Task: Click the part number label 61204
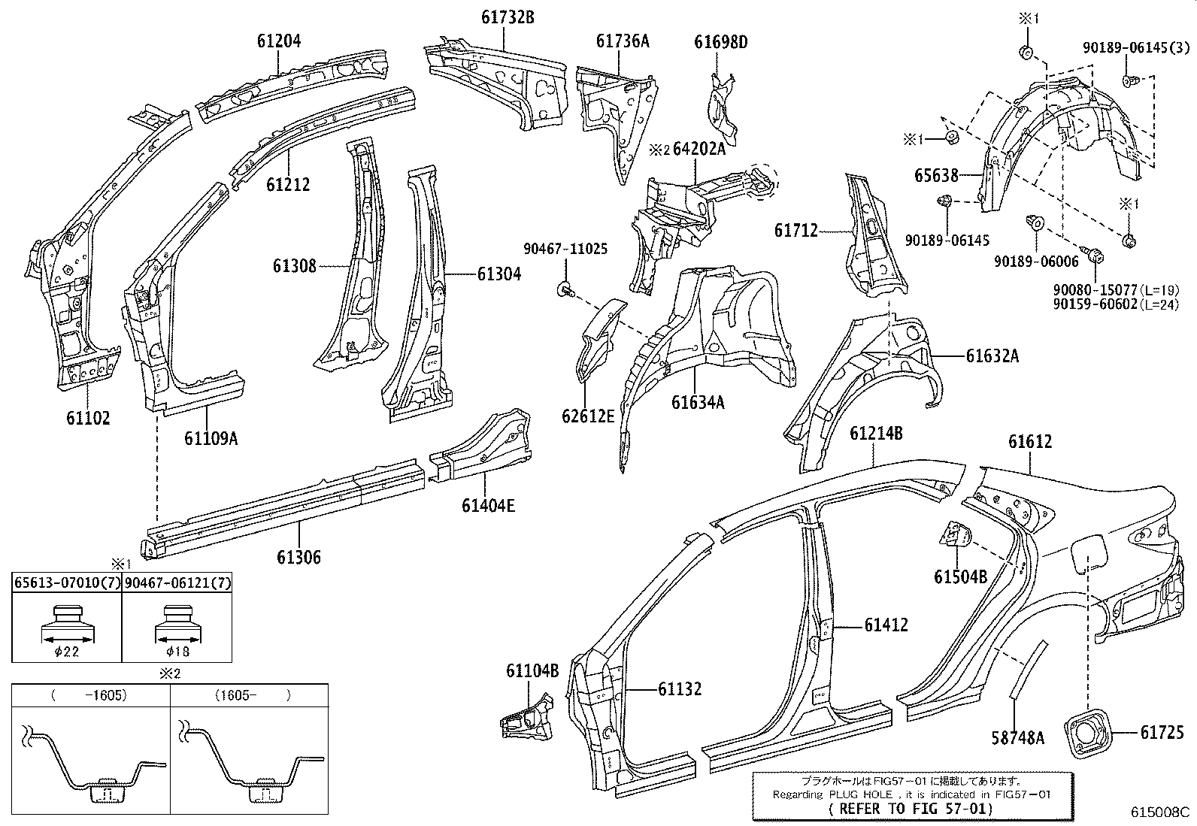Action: pyautogui.click(x=278, y=41)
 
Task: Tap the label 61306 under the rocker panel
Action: pyautogui.click(x=298, y=557)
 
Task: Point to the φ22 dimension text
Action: pyautogui.click(x=66, y=652)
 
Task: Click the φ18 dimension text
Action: pyautogui.click(x=177, y=652)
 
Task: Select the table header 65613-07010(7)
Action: pyautogui.click(x=66, y=582)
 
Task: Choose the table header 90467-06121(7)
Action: pyautogui.click(x=177, y=582)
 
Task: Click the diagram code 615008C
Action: pyautogui.click(x=1160, y=812)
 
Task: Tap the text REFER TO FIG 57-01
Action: pyautogui.click(x=911, y=809)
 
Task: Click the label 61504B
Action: pyautogui.click(x=960, y=576)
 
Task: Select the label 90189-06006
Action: pyautogui.click(x=1035, y=261)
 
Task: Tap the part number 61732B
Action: pyautogui.click(x=508, y=17)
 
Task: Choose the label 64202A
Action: pyautogui.click(x=699, y=149)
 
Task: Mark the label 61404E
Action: pyautogui.click(x=488, y=505)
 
